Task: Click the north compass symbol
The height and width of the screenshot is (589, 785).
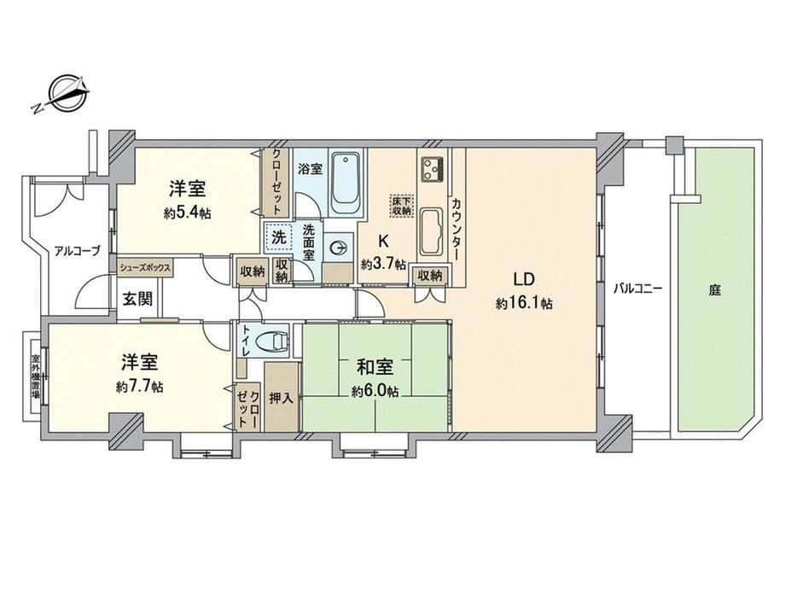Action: (x=62, y=94)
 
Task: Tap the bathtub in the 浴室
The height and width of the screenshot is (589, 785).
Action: (x=346, y=183)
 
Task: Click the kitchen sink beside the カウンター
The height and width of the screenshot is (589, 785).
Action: (x=431, y=232)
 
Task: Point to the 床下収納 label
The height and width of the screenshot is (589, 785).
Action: (x=402, y=206)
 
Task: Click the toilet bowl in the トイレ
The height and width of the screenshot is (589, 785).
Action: (x=272, y=341)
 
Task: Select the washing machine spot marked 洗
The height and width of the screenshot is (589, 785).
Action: (x=279, y=237)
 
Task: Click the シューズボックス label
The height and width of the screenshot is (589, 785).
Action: (x=145, y=267)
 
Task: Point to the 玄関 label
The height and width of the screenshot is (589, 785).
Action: (x=137, y=299)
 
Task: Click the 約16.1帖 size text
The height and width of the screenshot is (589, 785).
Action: (x=524, y=303)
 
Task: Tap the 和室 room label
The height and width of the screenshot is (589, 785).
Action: (x=375, y=368)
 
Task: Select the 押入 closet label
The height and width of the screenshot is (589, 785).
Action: (x=281, y=398)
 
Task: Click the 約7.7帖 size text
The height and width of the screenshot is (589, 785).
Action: (x=139, y=388)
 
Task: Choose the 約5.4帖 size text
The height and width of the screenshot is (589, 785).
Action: (x=187, y=213)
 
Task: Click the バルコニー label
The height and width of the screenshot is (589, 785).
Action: (x=638, y=289)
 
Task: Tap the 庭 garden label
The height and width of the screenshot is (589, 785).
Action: (x=714, y=289)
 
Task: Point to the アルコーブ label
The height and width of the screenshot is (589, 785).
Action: (x=77, y=251)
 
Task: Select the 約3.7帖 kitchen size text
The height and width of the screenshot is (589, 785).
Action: (x=383, y=264)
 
